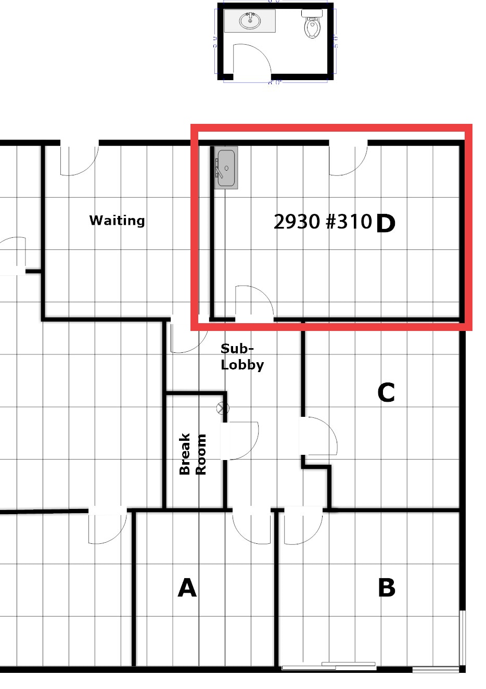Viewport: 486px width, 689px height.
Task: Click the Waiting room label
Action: coord(117,220)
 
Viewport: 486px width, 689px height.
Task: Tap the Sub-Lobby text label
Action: coord(242,356)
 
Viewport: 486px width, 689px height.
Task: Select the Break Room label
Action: coord(193,454)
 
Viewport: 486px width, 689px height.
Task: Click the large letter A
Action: coord(187,588)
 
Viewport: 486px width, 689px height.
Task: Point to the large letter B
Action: coord(386,588)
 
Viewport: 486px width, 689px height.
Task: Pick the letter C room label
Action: coord(386,393)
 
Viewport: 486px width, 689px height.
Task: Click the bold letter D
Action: coord(385,224)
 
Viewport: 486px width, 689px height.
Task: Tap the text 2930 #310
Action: coord(323,222)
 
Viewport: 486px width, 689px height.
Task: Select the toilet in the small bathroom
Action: coord(312,26)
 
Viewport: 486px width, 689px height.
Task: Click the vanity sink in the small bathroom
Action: coord(250,21)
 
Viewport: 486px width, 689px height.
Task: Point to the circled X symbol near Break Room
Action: coord(223,409)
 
